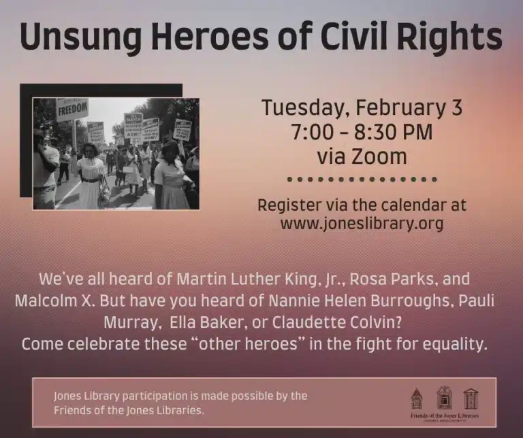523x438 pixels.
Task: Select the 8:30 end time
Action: tap(384, 132)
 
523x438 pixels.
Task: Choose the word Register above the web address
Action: tap(289, 204)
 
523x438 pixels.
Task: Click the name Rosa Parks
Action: tap(391, 280)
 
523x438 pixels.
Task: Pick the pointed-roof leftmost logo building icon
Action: tap(417, 398)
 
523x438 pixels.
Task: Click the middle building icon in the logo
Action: tap(444, 397)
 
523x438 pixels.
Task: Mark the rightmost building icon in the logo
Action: tap(471, 398)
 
